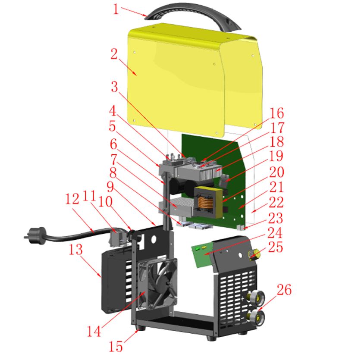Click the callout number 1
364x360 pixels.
[116, 9]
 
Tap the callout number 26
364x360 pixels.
[284, 290]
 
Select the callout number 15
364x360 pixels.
[116, 347]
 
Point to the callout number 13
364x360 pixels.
[75, 250]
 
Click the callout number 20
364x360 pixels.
[277, 172]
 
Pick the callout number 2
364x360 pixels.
[114, 54]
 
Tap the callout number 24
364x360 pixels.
[275, 233]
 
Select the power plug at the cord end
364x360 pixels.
[35, 235]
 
